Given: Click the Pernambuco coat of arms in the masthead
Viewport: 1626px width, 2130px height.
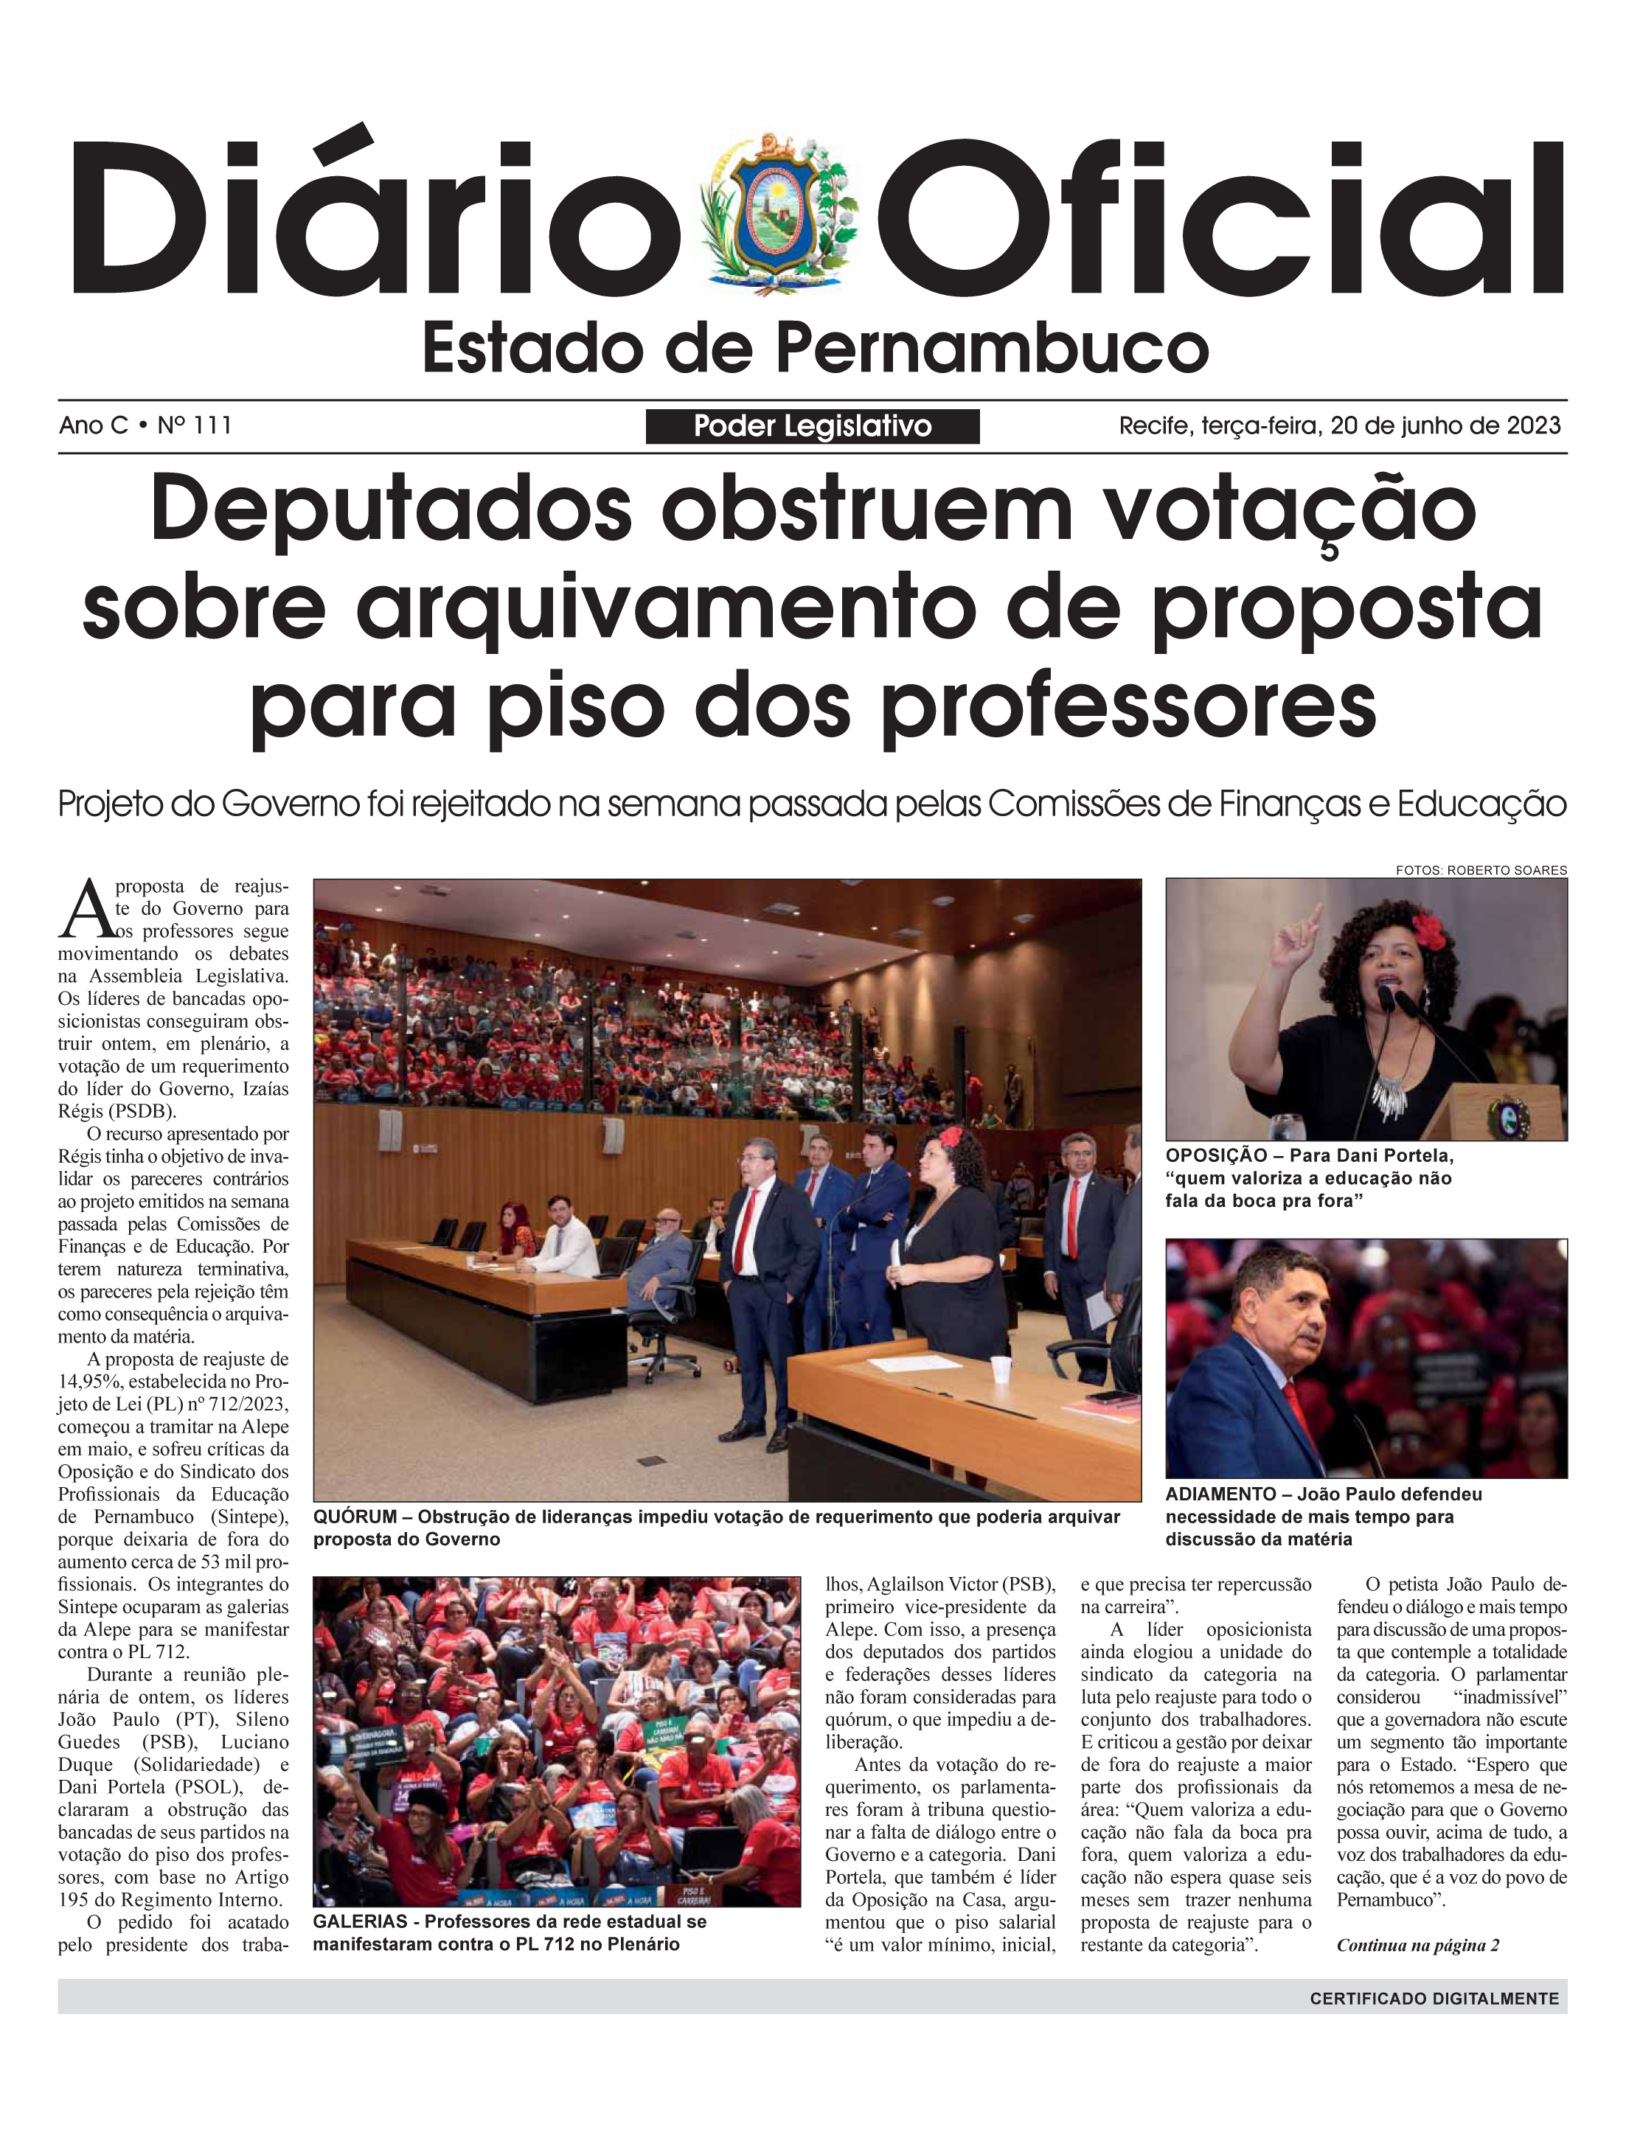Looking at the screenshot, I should pyautogui.click(x=777, y=213).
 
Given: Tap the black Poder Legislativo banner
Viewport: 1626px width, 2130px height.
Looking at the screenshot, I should pyautogui.click(x=812, y=426).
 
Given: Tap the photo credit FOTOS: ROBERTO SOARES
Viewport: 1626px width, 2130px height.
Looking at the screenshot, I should pyautogui.click(x=1481, y=870).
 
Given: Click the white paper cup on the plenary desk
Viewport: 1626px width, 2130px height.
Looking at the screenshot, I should pyautogui.click(x=1001, y=1369).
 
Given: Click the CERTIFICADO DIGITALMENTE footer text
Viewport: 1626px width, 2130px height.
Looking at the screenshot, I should pyautogui.click(x=1434, y=1998).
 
